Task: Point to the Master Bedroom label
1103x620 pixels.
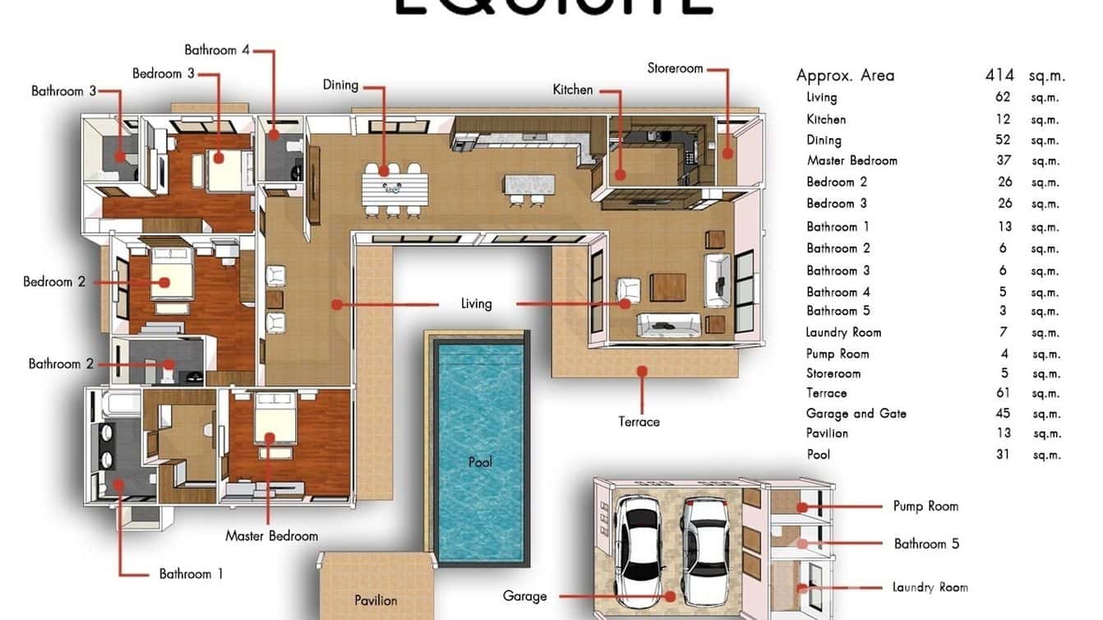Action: (271, 536)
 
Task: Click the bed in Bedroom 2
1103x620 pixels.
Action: (170, 280)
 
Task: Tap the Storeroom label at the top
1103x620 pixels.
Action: (675, 68)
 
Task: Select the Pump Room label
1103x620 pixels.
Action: (925, 507)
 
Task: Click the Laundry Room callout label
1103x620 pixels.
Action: (930, 587)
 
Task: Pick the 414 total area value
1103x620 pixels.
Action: (1000, 76)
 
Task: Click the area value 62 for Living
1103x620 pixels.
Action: (1003, 97)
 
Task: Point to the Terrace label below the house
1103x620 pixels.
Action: (639, 422)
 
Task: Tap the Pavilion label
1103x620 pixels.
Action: (376, 600)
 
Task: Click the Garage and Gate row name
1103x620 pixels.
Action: (856, 414)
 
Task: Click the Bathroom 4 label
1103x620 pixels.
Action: (216, 50)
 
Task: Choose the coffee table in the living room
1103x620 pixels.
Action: (667, 287)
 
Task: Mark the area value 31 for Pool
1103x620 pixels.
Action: (1003, 454)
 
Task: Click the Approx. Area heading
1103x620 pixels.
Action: (845, 76)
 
